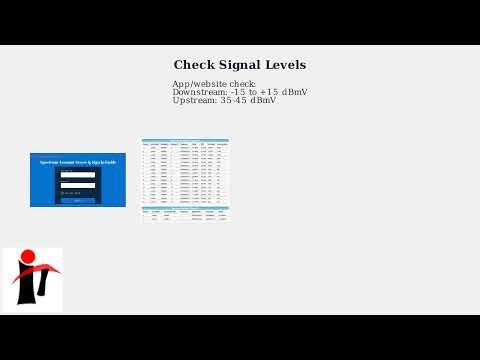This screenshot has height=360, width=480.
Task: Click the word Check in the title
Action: (x=193, y=65)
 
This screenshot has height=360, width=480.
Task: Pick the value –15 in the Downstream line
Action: (x=239, y=92)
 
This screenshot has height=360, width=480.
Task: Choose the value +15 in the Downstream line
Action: (x=269, y=92)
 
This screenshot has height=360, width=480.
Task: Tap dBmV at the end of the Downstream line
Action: (x=295, y=92)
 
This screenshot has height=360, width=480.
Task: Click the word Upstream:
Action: (x=193, y=100)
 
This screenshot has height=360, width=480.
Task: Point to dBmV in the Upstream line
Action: (x=263, y=100)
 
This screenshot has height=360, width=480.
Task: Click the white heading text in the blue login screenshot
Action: (x=77, y=162)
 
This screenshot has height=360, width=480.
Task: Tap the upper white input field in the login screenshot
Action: (x=78, y=175)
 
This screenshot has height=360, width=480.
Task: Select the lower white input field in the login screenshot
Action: (x=78, y=185)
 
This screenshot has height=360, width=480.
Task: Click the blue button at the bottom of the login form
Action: (x=78, y=200)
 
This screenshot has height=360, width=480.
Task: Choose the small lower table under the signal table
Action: (x=185, y=214)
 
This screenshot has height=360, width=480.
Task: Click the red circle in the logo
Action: (x=28, y=257)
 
